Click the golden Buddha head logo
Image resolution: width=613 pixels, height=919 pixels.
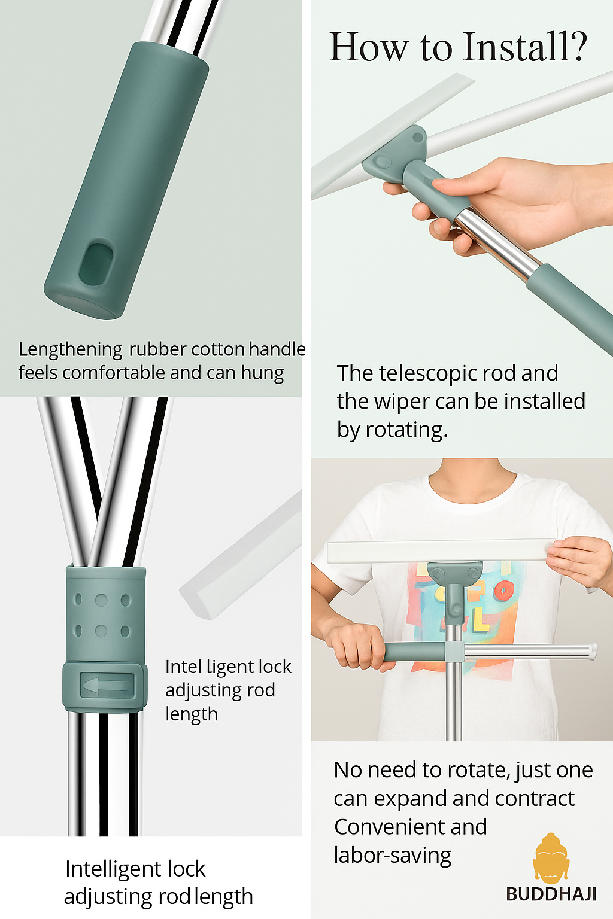(550, 859)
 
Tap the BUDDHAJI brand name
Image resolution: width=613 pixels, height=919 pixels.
(551, 894)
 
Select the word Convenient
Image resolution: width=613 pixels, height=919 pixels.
(411, 827)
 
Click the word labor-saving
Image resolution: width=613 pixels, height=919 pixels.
(393, 856)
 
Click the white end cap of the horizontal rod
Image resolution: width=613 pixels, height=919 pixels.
(593, 651)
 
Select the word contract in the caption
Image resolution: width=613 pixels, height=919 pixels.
(535, 798)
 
